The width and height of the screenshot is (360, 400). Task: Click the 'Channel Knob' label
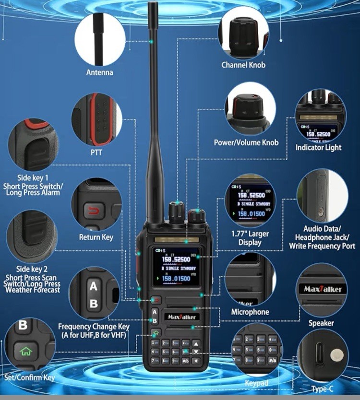243,65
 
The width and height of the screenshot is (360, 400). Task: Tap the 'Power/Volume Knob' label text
246,142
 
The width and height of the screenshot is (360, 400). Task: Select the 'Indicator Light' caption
318,148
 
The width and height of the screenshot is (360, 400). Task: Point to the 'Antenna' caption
99,72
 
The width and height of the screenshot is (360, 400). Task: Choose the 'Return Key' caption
96,237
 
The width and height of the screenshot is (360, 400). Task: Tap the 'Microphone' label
250,312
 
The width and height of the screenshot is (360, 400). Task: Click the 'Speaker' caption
321,323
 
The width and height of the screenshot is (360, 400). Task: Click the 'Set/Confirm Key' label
30,377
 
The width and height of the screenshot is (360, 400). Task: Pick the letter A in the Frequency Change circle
94,287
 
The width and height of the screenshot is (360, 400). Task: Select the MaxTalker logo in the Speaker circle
323,289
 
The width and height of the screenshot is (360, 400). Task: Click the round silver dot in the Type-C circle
337,355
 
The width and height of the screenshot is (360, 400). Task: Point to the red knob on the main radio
195,215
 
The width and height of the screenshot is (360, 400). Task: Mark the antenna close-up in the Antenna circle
99,38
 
